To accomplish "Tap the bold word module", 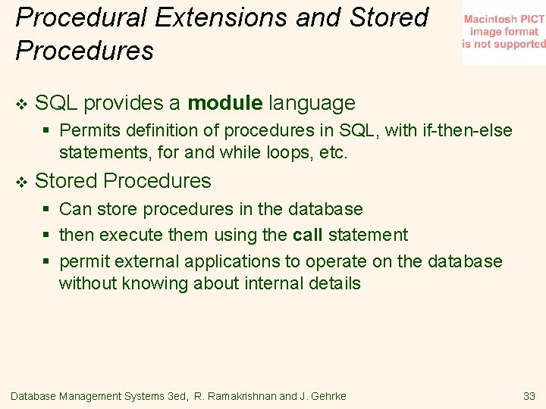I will [x=225, y=103].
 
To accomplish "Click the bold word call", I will [x=307, y=235].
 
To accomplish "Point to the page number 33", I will [x=529, y=396].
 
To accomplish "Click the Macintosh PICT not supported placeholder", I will [x=504, y=33].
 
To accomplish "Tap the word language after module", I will [x=312, y=103].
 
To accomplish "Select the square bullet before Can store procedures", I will [x=46, y=210].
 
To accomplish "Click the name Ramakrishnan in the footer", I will [x=235, y=396].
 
